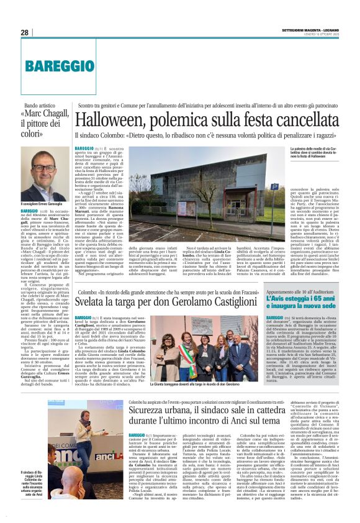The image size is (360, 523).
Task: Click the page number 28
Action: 24,32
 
